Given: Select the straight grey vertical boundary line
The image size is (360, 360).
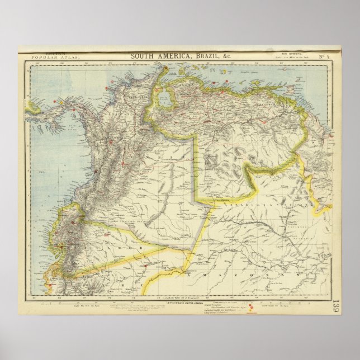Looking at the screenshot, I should [x=195, y=168].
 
